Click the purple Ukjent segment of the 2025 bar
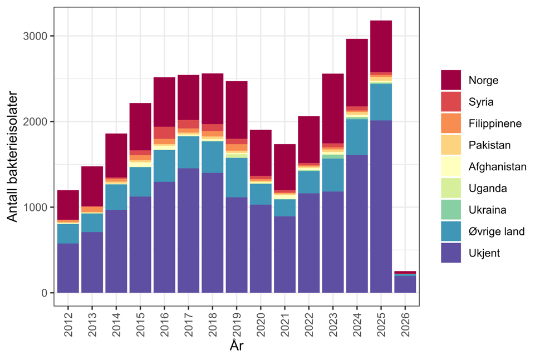tap(381, 206)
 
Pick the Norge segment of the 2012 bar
tap(68, 205)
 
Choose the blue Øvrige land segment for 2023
tap(333, 175)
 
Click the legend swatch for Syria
tap(450, 102)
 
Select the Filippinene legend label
tap(495, 124)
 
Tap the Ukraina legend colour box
tap(450, 210)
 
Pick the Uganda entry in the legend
tap(488, 188)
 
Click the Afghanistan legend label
tap(497, 166)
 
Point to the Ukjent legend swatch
tap(450, 253)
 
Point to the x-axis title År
tap(236, 346)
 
